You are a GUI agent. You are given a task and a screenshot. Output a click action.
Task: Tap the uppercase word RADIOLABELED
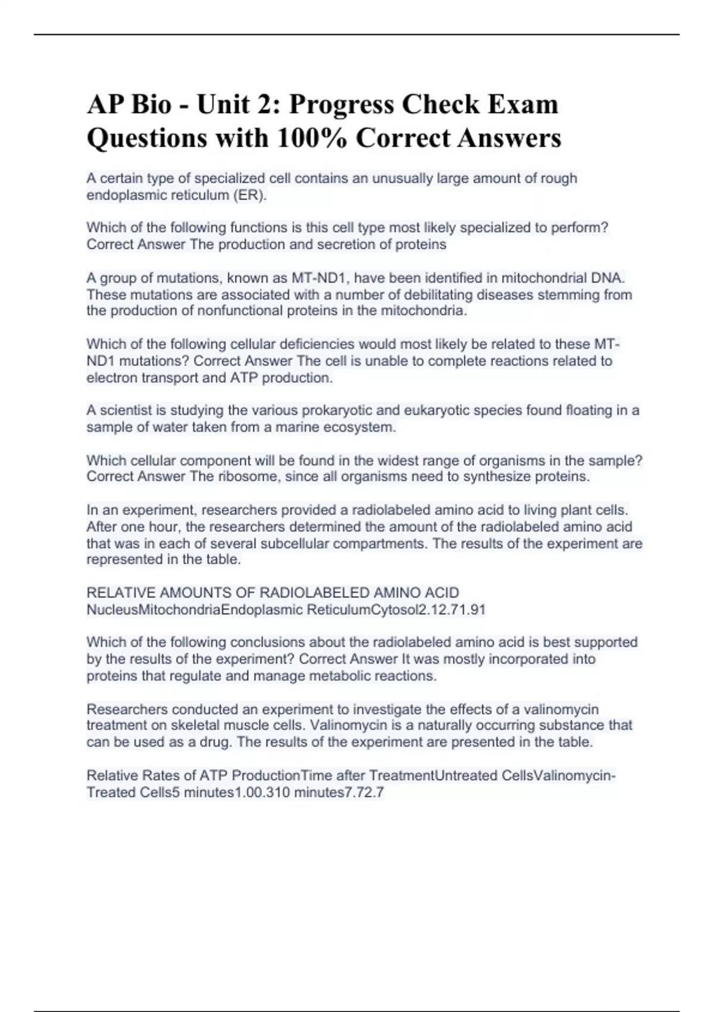pos(315,593)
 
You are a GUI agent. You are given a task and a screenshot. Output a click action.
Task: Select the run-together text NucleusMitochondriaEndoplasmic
pos(194,610)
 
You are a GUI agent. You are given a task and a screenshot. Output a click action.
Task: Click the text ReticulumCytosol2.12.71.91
pos(396,610)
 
